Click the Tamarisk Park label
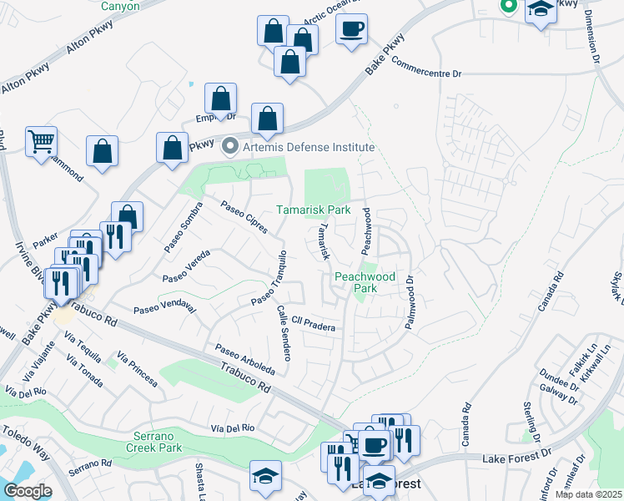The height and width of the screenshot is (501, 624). click(314, 210)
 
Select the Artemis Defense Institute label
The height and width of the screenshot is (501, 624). click(307, 147)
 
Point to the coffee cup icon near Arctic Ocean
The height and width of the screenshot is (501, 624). click(351, 29)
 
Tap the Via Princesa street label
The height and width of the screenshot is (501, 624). click(138, 370)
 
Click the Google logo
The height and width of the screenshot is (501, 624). click(28, 491)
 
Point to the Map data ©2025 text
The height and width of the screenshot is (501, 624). click(589, 494)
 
